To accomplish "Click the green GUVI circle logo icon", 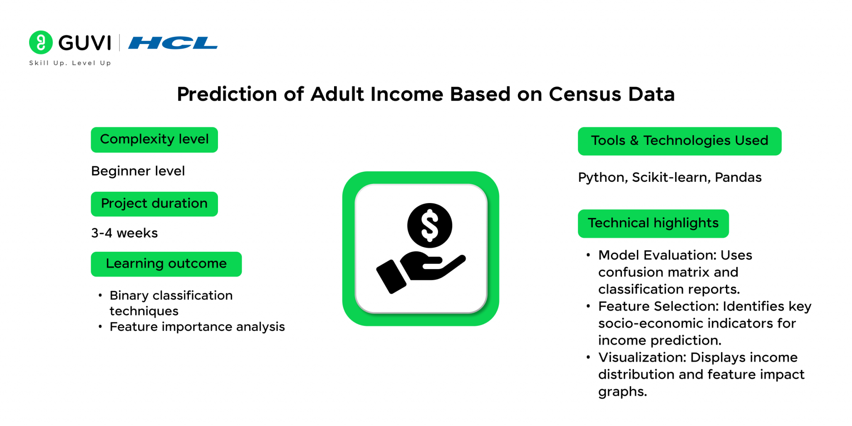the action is coord(41,42).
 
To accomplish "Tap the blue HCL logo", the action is coord(173,43).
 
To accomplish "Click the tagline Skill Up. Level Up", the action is coord(70,63).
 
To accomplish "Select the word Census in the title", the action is coord(585,94).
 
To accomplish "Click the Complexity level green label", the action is coord(154,140).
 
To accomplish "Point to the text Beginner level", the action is coord(138,171).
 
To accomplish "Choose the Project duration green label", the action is coord(154,204).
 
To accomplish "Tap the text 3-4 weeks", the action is coord(124,233).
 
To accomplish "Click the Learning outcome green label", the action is coord(166,264).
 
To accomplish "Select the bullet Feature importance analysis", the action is coord(197,327).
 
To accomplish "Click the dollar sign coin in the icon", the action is coord(430,225).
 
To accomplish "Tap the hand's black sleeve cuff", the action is coord(391,277).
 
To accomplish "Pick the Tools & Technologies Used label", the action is coord(680,141).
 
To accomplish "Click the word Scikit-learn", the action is coord(671,178).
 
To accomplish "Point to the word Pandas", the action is coord(738,178).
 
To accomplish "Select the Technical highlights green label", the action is coord(653,224).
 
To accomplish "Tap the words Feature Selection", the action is coord(659,306).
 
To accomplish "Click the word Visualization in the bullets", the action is coord(642,357).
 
